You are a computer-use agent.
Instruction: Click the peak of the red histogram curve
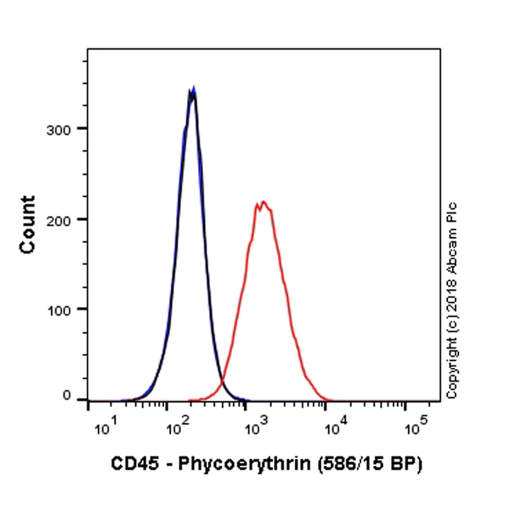pyautogui.click(x=263, y=202)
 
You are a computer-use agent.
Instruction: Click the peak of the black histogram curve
pyautogui.click(x=193, y=90)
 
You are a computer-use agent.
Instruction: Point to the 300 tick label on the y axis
pyautogui.click(x=64, y=128)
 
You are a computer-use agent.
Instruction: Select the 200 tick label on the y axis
pyautogui.click(x=64, y=218)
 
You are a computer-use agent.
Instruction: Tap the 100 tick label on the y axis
pyautogui.click(x=64, y=309)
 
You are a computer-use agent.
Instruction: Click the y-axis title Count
pyautogui.click(x=28, y=224)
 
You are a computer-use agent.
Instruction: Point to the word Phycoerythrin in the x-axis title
pyautogui.click(x=231, y=465)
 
